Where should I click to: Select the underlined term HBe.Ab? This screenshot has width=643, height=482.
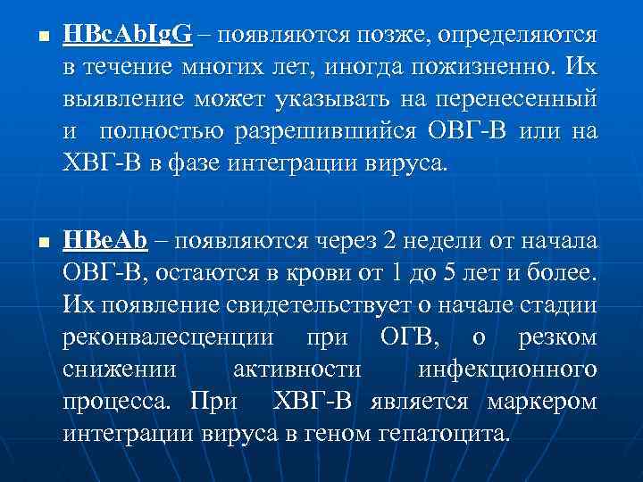coord(105,239)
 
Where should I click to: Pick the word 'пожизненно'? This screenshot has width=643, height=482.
coord(487,69)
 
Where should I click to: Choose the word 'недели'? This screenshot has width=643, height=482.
coord(445,240)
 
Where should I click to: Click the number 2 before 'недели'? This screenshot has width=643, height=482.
coord(388,239)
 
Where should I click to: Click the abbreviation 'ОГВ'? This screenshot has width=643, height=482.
coord(410,337)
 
